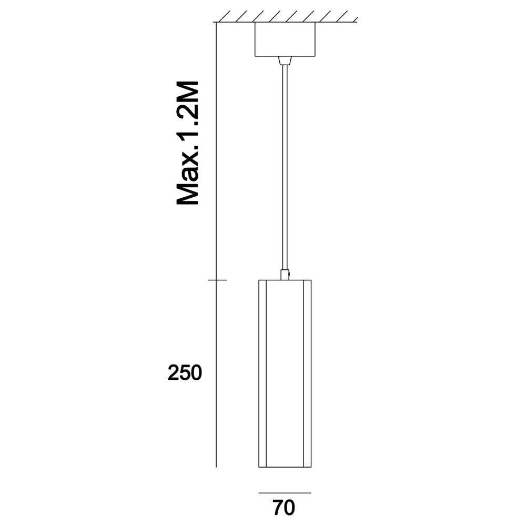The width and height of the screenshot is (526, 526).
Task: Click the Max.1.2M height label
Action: (187, 143)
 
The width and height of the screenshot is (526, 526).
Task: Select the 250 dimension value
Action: (185, 373)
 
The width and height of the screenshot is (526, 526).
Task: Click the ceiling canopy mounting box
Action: (285, 39)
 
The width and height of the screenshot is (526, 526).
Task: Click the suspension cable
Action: (285, 168)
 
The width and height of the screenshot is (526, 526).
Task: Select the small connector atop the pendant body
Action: (285, 275)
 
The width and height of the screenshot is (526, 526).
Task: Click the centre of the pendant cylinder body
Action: (285, 373)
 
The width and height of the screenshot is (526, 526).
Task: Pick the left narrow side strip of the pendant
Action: (262, 373)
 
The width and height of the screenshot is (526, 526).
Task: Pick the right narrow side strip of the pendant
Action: (308, 373)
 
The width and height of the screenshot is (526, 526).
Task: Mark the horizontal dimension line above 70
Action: (285, 493)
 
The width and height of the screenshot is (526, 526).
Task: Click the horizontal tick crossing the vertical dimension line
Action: (217, 280)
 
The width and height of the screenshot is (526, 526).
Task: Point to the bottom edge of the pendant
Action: (285, 467)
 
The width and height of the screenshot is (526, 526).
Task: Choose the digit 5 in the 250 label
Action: (185, 373)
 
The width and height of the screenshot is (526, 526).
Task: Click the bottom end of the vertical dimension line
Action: (217, 466)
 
